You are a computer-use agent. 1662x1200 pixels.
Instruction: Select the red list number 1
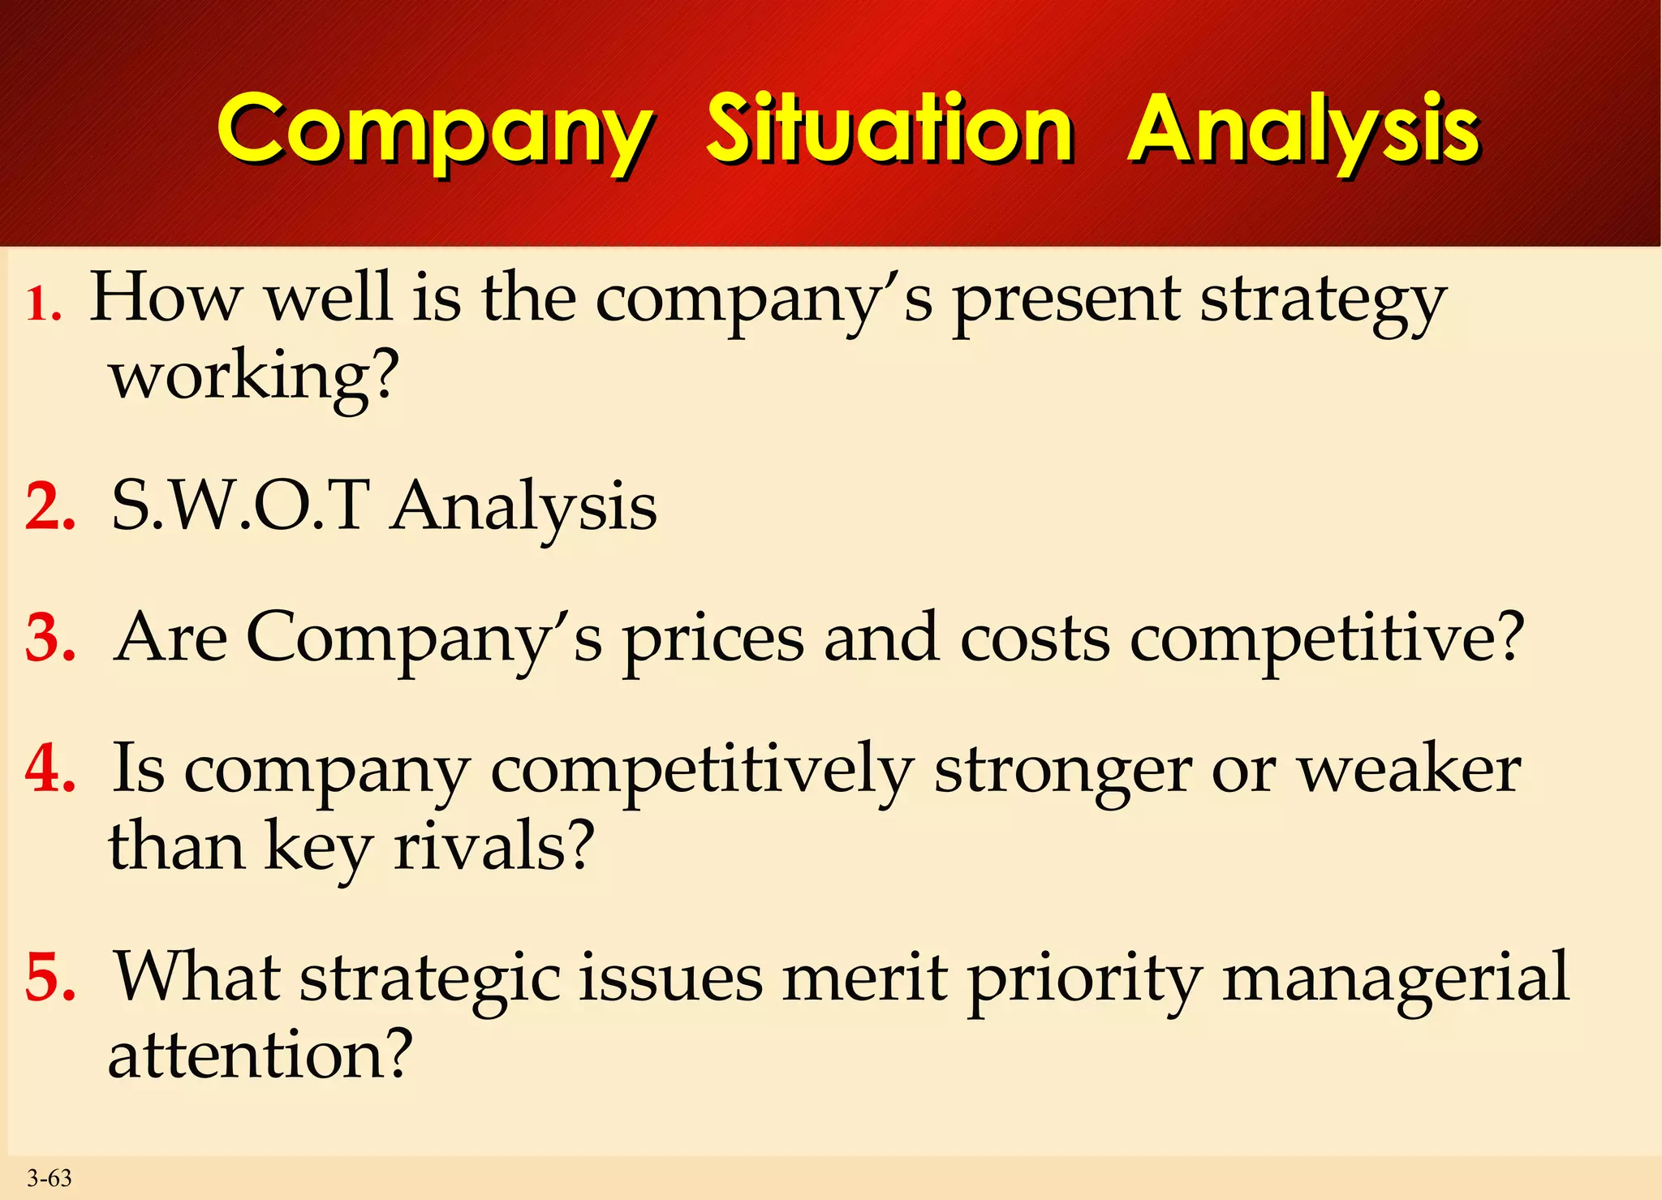pyautogui.click(x=43, y=306)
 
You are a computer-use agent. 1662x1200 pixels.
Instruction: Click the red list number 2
pyautogui.click(x=50, y=507)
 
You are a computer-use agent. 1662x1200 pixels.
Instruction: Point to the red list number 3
pyautogui.click(x=50, y=639)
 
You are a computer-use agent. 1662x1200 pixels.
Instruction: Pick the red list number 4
pyautogui.click(x=50, y=768)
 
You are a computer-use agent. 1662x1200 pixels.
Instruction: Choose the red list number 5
pyautogui.click(x=50, y=978)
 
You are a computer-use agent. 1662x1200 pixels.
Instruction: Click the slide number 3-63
pyautogui.click(x=50, y=1178)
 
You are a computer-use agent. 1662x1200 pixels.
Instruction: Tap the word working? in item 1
pyautogui.click(x=255, y=377)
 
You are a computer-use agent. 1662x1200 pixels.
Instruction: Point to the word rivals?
pyautogui.click(x=494, y=846)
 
